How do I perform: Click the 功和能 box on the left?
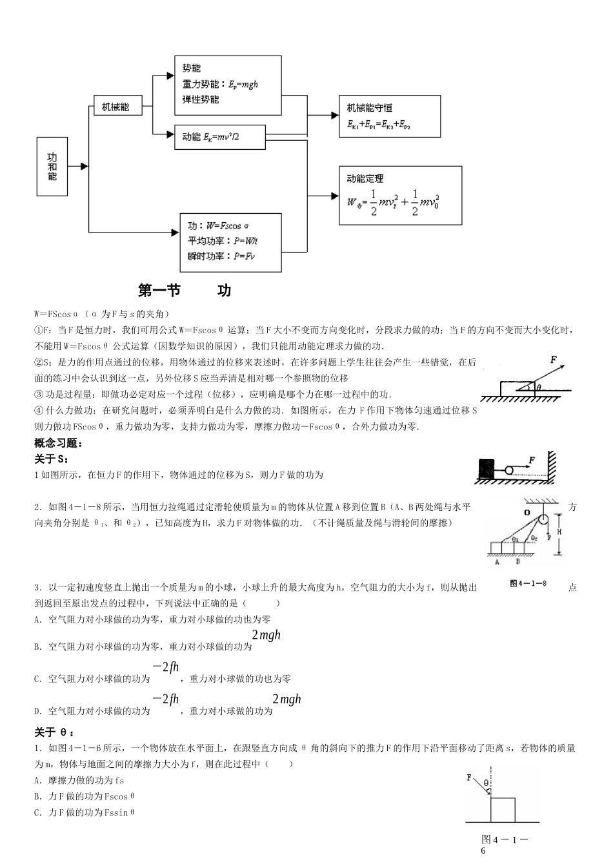52,167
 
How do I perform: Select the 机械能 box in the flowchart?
111,106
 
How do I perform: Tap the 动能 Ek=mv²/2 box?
219,136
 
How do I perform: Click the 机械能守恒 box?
390,116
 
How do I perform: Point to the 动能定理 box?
401,195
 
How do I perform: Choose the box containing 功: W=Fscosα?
230,241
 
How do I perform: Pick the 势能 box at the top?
228,84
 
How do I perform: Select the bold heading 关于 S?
51,459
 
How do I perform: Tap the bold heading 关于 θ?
54,732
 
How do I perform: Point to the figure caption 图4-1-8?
528,583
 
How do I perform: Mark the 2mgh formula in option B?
266,635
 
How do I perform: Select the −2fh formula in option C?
165,667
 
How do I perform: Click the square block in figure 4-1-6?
503,810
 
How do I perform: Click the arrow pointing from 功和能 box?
82,167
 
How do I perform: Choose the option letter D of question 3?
37,711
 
